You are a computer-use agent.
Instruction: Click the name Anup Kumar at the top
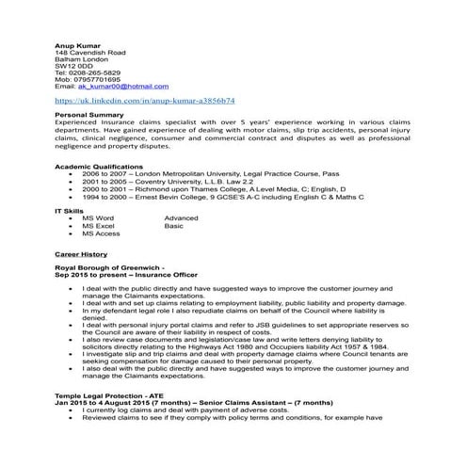76,43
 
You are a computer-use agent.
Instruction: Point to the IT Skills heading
70,211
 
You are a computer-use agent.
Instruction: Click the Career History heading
81,254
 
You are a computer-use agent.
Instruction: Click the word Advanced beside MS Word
181,218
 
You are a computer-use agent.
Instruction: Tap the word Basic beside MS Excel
174,226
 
